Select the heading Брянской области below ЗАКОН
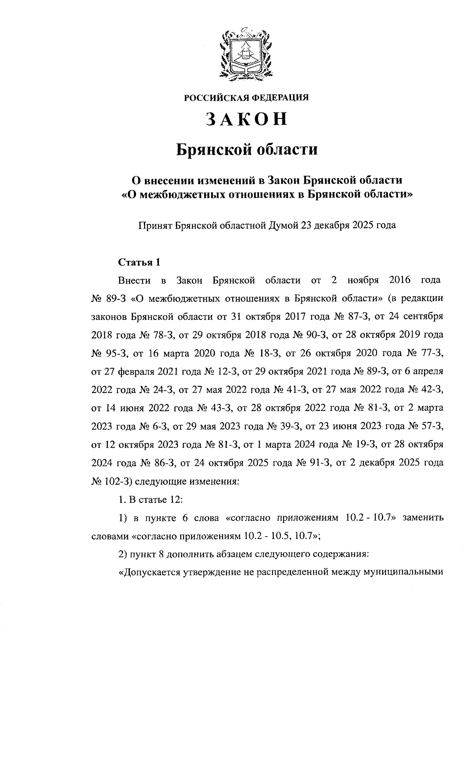click(x=246, y=150)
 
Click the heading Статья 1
click(x=139, y=262)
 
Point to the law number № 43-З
click(x=211, y=408)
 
